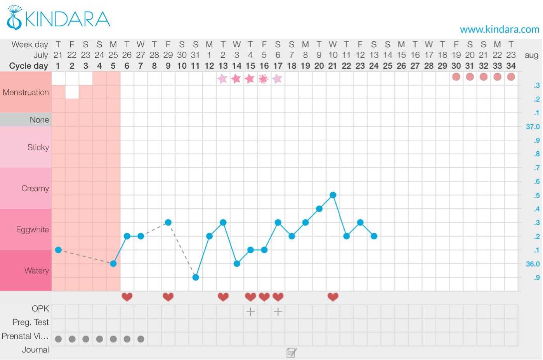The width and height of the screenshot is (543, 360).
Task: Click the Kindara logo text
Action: pyautogui.click(x=68, y=19)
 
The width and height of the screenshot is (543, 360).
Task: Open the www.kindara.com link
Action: pyautogui.click(x=499, y=29)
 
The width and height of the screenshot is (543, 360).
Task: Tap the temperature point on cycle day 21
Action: pyautogui.click(x=333, y=195)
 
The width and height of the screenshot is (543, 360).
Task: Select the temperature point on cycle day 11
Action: pyautogui.click(x=196, y=277)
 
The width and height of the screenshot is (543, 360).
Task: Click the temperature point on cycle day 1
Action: pyautogui.click(x=58, y=250)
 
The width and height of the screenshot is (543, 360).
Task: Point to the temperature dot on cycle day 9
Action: pyautogui.click(x=168, y=222)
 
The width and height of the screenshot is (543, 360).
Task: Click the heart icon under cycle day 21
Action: pyautogui.click(x=333, y=297)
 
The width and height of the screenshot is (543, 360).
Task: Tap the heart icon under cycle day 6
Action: pyautogui.click(x=127, y=297)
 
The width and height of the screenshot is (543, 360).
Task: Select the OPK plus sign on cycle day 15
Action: pyautogui.click(x=250, y=311)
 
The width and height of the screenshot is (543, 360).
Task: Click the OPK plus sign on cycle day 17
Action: pyautogui.click(x=278, y=311)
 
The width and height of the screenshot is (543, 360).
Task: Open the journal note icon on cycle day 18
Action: pyautogui.click(x=291, y=352)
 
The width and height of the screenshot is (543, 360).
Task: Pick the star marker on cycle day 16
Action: pyautogui.click(x=264, y=79)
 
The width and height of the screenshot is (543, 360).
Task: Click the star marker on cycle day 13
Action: pyautogui.click(x=223, y=79)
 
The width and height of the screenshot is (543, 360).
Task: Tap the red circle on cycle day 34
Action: pyautogui.click(x=511, y=77)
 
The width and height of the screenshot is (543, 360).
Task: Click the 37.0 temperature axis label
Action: pyautogui.click(x=533, y=127)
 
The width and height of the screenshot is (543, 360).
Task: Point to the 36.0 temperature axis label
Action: pyautogui.click(x=533, y=264)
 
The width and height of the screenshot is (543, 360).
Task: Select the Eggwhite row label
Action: pyautogui.click(x=33, y=230)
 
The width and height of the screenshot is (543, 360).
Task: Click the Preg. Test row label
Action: pyautogui.click(x=31, y=322)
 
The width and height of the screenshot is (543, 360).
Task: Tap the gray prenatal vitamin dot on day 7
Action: pyautogui.click(x=141, y=339)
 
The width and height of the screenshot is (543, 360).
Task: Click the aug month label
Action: pyautogui.click(x=531, y=55)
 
